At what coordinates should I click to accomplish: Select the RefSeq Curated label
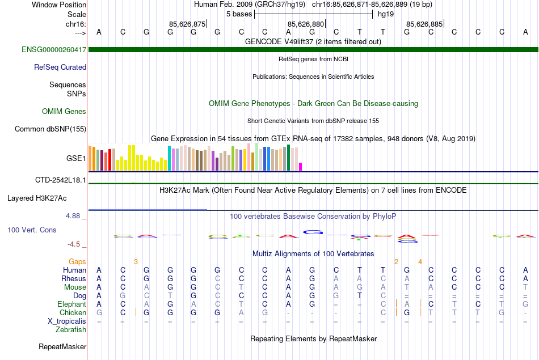point(60,67)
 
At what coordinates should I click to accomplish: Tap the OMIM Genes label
point(64,111)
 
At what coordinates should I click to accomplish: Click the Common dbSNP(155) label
point(50,129)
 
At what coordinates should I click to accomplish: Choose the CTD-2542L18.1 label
point(61,180)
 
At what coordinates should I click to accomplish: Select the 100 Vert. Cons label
point(32,230)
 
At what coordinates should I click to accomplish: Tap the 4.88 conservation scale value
point(74,216)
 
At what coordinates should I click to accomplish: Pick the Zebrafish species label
point(71,329)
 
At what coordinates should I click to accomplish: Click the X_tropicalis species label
point(67,321)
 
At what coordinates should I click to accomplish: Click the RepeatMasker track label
point(62,346)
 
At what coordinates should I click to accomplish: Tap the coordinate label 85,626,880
point(306,24)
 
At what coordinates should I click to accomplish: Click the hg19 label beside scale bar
point(386,14)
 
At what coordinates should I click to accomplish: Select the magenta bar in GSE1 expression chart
point(301,166)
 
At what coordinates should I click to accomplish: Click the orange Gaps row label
point(77,261)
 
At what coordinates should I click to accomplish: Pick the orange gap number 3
point(136,261)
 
